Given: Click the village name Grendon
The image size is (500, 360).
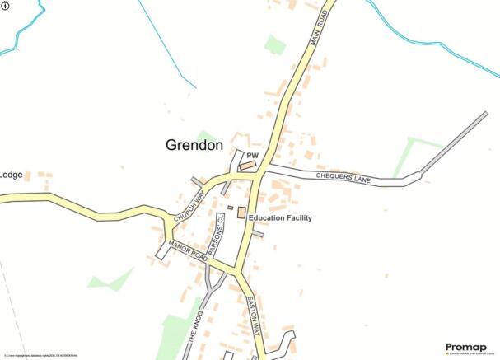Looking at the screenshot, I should click(x=194, y=145).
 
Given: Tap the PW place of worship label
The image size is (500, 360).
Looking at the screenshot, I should click(x=252, y=154).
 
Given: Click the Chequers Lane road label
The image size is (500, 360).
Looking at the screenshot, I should click(x=345, y=177).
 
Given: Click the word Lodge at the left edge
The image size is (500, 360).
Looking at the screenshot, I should click(x=11, y=175).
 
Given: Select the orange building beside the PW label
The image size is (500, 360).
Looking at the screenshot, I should click(x=247, y=166).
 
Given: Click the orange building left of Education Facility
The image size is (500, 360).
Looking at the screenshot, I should click(x=241, y=213).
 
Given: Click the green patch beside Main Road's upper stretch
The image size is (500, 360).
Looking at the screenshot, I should click(x=274, y=44).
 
